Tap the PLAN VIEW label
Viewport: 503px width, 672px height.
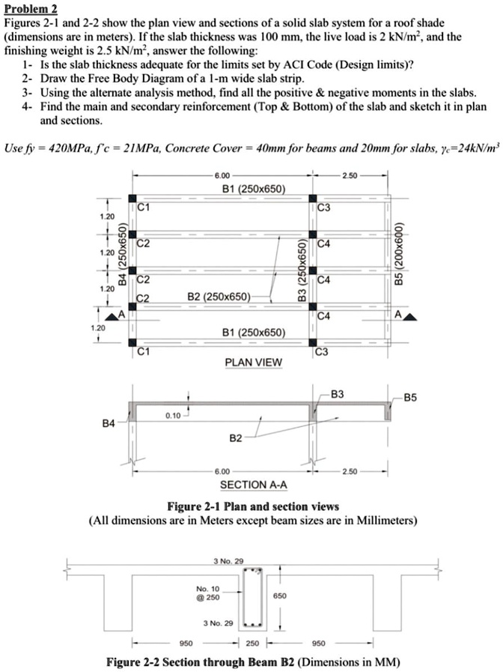pos(254,363)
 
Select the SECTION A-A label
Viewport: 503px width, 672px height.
pos(254,485)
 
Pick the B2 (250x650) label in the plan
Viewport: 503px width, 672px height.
pos(221,296)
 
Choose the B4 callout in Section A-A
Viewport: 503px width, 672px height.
pos(109,424)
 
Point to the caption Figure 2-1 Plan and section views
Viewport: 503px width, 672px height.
pos(253,506)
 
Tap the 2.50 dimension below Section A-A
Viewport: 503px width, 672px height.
pos(350,471)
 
